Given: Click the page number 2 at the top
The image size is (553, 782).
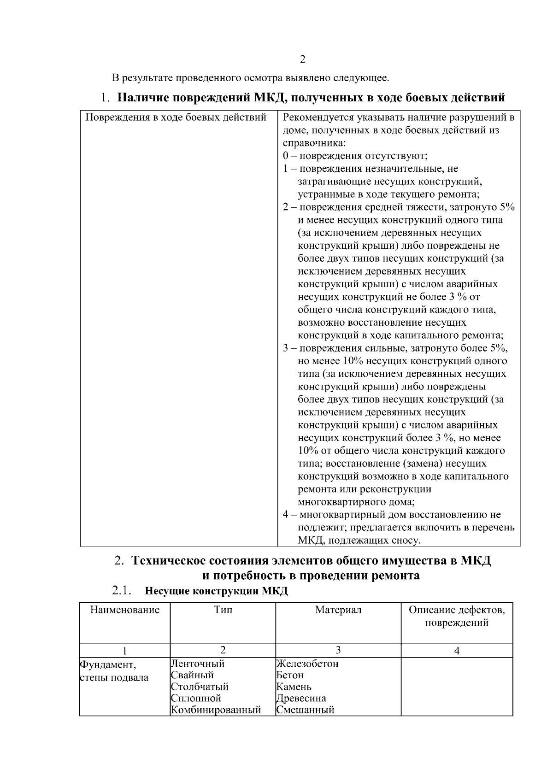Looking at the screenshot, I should click(x=302, y=59).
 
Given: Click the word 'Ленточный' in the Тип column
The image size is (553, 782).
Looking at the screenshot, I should click(x=198, y=664).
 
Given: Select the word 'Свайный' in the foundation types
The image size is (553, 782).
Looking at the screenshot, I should click(x=193, y=675).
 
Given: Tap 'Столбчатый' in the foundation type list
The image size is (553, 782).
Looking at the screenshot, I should click(x=200, y=687).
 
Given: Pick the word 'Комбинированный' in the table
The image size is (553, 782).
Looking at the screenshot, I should click(x=216, y=710).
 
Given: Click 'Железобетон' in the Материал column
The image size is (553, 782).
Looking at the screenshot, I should click(x=307, y=664).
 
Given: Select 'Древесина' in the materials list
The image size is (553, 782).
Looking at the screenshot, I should click(x=301, y=699).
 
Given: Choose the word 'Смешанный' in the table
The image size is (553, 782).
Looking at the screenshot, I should click(x=305, y=710).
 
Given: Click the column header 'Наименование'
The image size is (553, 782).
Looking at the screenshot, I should click(x=125, y=610).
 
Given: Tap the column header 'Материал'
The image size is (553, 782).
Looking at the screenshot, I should click(x=338, y=610).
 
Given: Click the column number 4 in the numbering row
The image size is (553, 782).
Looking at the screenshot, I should click(x=457, y=651).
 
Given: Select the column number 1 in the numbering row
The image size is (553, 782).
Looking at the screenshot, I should click(x=125, y=651).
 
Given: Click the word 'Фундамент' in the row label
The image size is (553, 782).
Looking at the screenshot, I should click(x=107, y=665).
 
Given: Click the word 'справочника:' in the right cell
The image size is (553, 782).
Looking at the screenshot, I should click(x=311, y=143).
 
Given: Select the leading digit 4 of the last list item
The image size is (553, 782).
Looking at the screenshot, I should click(x=286, y=515).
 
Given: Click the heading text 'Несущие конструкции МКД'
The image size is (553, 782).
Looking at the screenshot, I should click(x=217, y=592).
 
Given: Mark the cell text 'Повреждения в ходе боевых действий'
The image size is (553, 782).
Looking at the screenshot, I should click(x=176, y=118).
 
